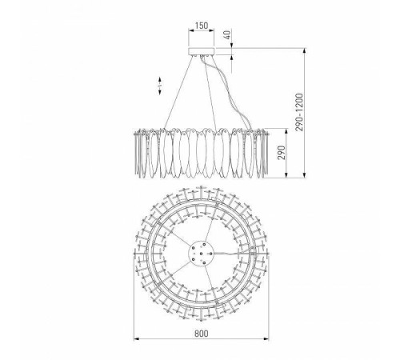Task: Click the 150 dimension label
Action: click(202, 26)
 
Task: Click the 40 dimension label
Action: click(227, 35)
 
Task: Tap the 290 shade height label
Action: click(282, 153)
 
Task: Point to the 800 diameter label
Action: click(202, 334)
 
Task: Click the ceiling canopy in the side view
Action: click(202, 51)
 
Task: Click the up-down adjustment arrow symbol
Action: click(160, 86)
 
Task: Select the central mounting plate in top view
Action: click(202, 254)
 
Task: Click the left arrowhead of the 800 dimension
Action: click(137, 339)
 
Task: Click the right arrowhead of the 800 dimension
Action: click(266, 339)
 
